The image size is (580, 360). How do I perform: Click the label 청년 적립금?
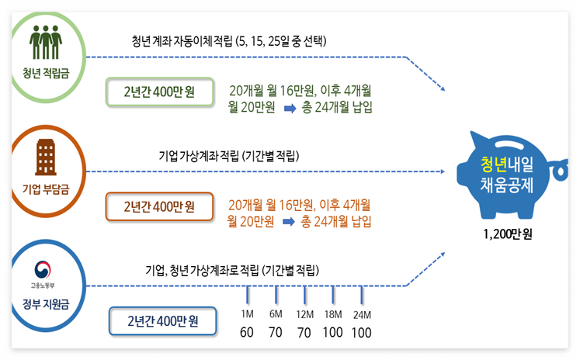[46, 74]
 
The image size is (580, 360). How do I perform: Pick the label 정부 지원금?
[46, 303]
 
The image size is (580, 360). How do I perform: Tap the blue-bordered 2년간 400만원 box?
[162, 320]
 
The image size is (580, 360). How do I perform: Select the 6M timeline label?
[276, 314]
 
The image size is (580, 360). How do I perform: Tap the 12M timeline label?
[304, 314]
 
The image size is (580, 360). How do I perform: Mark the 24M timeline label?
[363, 314]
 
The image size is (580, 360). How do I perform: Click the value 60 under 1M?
[248, 333]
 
